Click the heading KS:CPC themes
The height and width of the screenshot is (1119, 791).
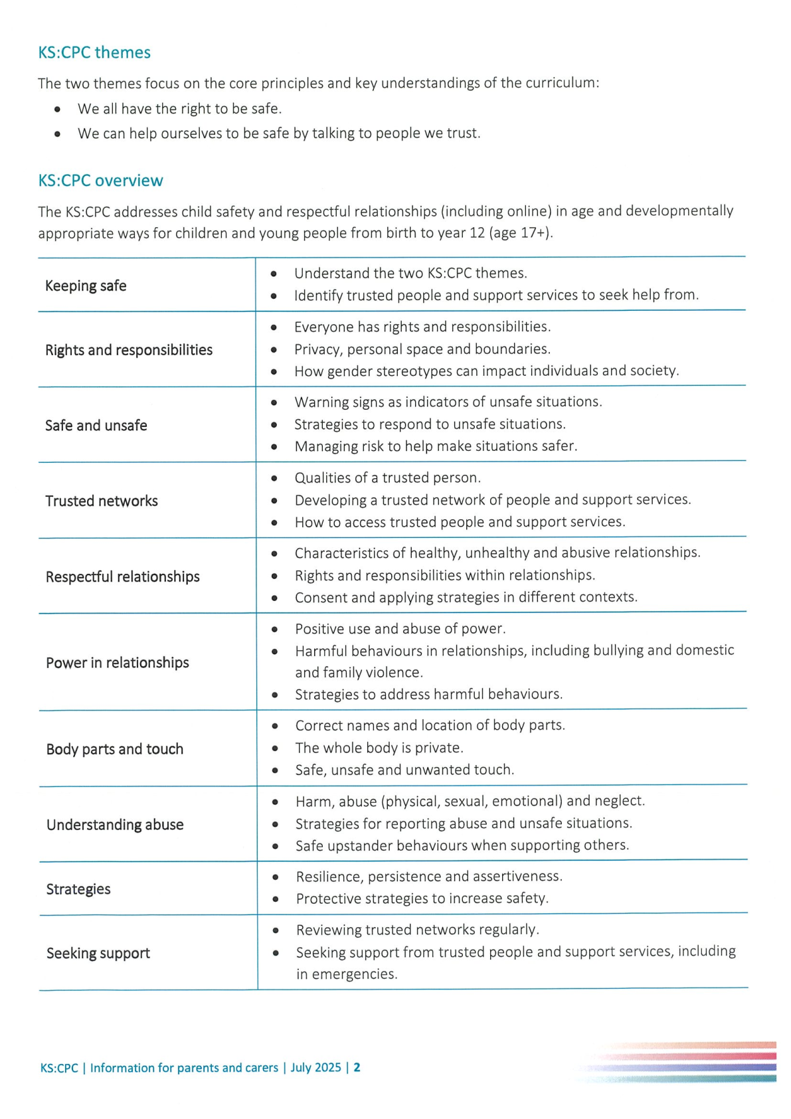94,52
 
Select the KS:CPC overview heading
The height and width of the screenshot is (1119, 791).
100,181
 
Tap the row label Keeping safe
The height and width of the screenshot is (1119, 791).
86,286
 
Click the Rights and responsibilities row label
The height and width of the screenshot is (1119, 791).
129,350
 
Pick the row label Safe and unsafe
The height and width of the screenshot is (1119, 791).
96,426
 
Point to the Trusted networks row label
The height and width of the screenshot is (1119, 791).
102,501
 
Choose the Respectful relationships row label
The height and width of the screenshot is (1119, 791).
123,577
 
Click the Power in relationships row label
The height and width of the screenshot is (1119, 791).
118,663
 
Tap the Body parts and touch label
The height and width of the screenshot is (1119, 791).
115,749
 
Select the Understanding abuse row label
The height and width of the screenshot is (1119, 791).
115,825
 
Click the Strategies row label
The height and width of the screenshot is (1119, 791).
78,889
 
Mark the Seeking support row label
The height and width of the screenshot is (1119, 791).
98,954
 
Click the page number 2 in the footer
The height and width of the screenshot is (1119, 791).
357,1067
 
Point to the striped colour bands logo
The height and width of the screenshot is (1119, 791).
684,1061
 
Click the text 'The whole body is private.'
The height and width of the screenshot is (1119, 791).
379,748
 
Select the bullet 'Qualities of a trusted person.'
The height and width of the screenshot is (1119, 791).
388,477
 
